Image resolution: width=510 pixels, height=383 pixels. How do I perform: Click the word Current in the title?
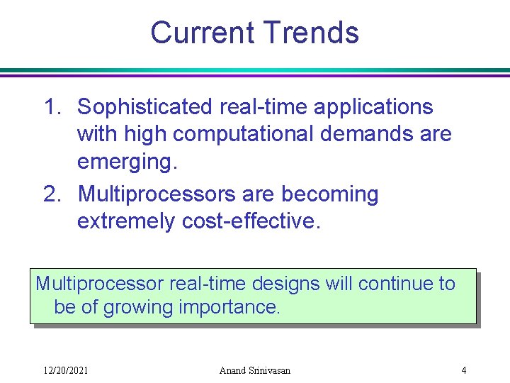(x=203, y=33)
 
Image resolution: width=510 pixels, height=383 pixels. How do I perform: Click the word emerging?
(x=127, y=162)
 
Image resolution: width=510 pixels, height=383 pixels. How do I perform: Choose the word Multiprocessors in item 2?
(x=158, y=194)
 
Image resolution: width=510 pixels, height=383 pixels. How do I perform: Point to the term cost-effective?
(x=251, y=221)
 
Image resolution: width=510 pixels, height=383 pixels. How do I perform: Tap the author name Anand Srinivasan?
(x=255, y=370)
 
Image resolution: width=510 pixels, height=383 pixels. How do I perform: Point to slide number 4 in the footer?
(x=463, y=370)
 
